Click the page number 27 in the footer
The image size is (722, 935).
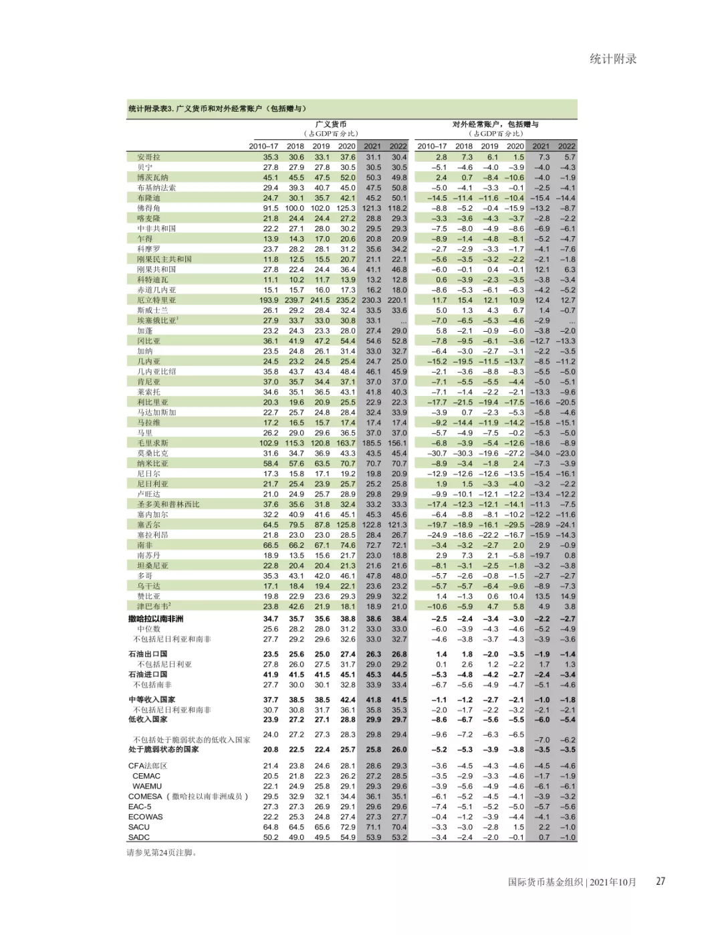coord(660,881)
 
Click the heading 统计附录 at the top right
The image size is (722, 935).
coord(613,59)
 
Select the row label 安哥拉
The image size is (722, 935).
coord(148,157)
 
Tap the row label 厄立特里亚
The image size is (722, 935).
coord(156,300)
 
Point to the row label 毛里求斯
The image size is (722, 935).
coord(152,443)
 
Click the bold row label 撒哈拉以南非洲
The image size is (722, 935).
coord(156,619)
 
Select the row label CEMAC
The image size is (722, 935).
coord(146,776)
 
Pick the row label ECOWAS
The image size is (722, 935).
coord(146,817)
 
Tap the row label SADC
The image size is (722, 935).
coord(139,837)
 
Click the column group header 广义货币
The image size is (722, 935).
coord(331,124)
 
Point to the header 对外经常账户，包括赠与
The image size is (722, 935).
coord(495,124)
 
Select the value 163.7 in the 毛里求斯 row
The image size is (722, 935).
coord(346,443)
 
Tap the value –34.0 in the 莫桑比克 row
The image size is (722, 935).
coord(540,453)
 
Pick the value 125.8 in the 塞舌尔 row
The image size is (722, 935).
coord(346,525)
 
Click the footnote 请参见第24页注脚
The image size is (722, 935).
coord(162,853)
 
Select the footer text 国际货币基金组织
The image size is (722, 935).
coord(546,882)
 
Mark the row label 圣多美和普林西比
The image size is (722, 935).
coord(168,504)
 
